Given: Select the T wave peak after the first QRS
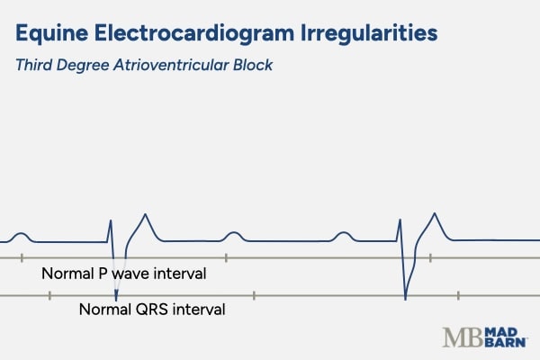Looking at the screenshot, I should pyautogui.click(x=144, y=216).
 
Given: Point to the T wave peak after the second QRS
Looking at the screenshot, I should pyautogui.click(x=436, y=214).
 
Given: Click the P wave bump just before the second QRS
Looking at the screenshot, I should pyautogui.click(x=343, y=235).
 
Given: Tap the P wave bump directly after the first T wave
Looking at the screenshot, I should pyautogui.click(x=232, y=235).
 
